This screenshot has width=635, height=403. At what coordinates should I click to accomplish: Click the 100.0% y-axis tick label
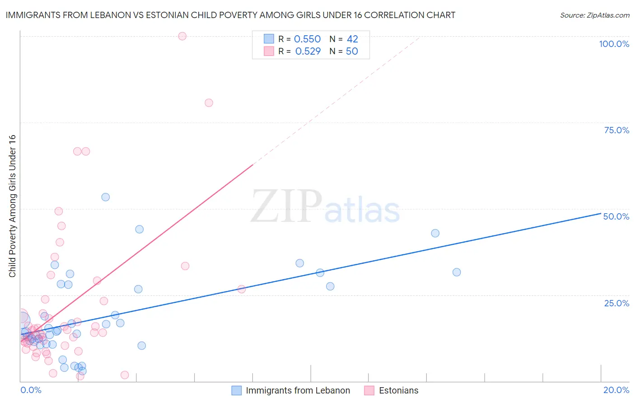(614, 44)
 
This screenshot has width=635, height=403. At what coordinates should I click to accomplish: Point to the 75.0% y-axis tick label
(616, 130)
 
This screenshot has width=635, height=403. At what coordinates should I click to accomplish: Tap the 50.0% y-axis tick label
(616, 216)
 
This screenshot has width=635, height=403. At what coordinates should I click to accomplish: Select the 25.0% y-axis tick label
(616, 303)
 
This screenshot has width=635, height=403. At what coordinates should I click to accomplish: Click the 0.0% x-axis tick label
(31, 390)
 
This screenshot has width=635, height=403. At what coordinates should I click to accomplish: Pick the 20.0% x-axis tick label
(616, 390)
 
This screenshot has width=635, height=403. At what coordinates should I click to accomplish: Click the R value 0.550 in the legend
(307, 39)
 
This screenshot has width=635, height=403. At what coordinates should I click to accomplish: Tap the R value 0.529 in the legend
(308, 52)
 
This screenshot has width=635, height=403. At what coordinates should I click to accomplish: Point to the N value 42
(352, 39)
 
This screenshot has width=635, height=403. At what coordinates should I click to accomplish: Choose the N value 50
(352, 52)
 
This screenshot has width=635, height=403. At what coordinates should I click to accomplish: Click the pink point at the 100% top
(182, 36)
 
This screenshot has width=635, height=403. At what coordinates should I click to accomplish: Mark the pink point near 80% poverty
(209, 103)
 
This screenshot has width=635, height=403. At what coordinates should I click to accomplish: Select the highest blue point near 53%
(106, 197)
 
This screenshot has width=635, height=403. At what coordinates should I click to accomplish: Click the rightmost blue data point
(457, 272)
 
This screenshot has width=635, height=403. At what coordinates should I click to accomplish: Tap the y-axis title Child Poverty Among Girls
(12, 206)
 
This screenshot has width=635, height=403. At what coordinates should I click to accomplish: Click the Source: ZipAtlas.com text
(594, 15)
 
